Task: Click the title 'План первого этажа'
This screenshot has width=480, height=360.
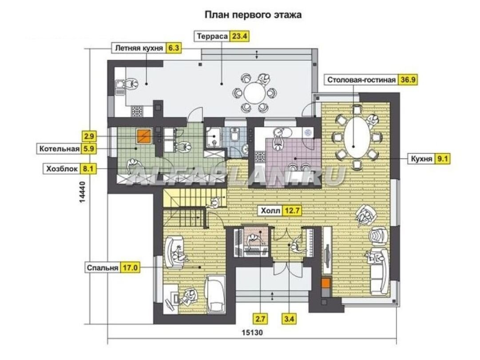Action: [253, 15]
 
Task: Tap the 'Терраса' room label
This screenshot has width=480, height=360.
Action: [212, 36]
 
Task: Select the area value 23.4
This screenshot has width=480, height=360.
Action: [239, 36]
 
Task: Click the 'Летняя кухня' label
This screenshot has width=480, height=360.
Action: [139, 48]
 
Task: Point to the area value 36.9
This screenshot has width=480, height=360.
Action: [408, 80]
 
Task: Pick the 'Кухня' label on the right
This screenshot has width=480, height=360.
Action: [421, 158]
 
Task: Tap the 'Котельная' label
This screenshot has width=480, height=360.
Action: [60, 149]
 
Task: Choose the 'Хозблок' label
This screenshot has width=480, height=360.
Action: [62, 169]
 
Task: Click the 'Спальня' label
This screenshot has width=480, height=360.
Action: [102, 268]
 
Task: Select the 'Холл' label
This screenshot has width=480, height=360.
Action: [270, 210]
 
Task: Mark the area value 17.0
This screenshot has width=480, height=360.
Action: [130, 268]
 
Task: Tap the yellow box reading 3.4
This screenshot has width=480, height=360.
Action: [289, 319]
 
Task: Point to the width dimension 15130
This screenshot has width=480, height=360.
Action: [252, 332]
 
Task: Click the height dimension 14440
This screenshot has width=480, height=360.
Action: [82, 192]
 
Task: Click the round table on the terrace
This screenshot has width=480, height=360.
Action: [255, 92]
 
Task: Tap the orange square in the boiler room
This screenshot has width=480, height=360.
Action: [144, 136]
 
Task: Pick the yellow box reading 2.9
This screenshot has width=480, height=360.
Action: [89, 136]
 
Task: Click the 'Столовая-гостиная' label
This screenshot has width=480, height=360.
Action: [361, 80]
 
